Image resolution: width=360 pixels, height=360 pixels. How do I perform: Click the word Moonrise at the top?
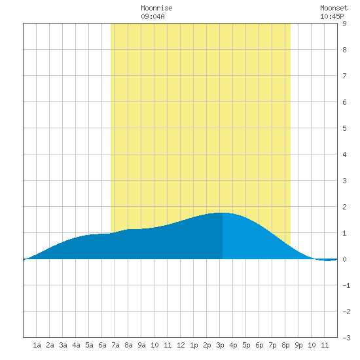pos(156,8)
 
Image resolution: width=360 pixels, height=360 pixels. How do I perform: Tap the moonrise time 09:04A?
pos(153,16)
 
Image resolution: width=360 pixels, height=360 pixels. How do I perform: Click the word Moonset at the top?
pos(334,8)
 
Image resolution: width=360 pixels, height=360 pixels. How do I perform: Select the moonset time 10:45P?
pos(332,16)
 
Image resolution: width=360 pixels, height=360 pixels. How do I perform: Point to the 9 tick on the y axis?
pos(344,24)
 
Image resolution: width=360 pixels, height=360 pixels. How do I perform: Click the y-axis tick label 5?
pos(344,128)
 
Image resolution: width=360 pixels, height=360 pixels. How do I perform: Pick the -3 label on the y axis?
pos(346,338)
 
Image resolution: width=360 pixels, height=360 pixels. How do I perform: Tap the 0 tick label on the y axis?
pos(344,259)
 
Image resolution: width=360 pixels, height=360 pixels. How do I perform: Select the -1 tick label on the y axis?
pos(346,285)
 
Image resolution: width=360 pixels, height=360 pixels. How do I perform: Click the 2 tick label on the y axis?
pos(344,207)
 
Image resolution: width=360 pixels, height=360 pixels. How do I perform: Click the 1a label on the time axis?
pos(37,345)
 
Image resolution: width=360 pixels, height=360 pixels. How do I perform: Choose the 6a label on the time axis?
pos(102,345)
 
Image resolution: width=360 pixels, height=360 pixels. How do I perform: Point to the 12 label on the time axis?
pos(181,345)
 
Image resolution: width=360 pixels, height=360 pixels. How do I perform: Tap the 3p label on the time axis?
pos(220,345)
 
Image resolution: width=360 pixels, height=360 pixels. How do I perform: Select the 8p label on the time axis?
pos(285,345)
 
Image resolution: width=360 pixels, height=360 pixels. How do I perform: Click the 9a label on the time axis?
pos(141,345)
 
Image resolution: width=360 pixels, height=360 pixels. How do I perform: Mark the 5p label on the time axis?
pos(246,345)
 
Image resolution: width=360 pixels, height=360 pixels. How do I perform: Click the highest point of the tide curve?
pos(223,213)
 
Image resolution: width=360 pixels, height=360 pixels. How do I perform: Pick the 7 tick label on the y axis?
pos(344,76)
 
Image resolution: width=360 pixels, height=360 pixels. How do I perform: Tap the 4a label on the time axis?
pos(76,345)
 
